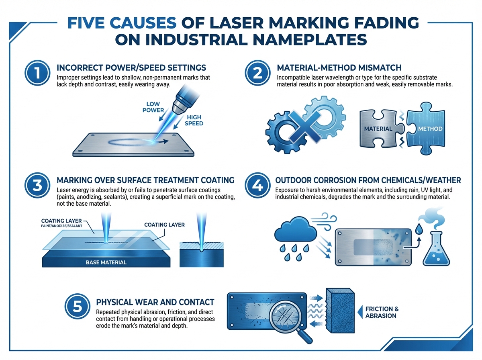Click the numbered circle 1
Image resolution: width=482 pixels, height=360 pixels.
37,73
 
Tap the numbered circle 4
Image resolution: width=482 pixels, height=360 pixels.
257,185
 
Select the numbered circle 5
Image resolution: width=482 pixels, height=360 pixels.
77,307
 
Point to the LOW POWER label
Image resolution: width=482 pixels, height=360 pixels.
153,107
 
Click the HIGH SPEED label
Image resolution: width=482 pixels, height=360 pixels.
194,121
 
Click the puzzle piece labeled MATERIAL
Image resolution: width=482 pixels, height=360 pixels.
382,129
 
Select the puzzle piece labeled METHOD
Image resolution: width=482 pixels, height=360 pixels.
425,129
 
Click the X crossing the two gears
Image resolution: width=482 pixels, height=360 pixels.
304,126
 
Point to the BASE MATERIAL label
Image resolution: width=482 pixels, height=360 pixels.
106,262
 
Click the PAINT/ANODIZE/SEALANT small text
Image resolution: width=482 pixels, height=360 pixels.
61,226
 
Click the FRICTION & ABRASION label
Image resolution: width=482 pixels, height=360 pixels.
382,312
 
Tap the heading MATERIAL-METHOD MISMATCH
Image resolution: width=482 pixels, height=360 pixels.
339,67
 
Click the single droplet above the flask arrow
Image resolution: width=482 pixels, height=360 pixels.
418,229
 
